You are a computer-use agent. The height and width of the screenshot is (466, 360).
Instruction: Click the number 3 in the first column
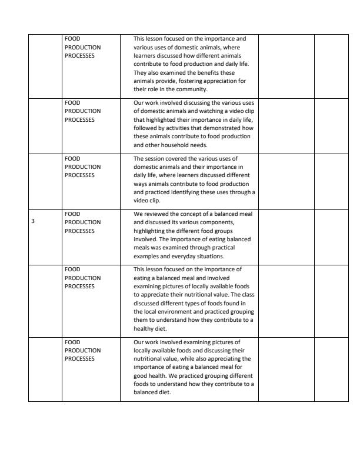coord(33,222)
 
